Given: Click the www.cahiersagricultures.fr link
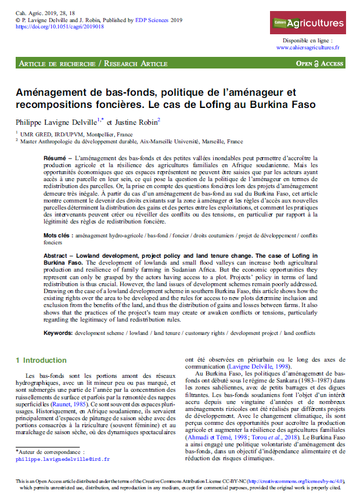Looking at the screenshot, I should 308,48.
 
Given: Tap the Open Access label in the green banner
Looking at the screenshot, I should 320,63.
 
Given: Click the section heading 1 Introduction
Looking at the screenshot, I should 42,360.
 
